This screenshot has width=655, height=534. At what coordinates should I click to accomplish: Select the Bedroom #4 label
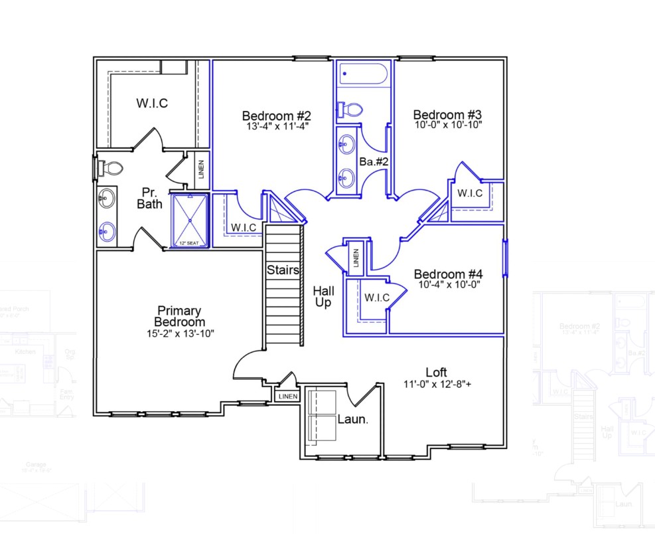448,274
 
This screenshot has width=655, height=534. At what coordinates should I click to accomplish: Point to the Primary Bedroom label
179,316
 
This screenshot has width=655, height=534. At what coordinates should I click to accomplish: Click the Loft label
436,372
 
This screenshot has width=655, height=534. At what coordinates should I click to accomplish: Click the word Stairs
283,270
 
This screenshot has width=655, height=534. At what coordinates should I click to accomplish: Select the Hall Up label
324,296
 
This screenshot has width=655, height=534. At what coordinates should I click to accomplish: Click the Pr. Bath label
149,198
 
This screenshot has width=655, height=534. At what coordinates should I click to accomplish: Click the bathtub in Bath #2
362,74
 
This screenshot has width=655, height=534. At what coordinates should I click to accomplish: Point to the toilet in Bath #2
349,110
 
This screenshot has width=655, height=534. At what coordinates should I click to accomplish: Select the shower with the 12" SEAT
190,220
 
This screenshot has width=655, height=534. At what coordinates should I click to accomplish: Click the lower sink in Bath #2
347,177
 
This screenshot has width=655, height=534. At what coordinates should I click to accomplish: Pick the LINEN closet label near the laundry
288,397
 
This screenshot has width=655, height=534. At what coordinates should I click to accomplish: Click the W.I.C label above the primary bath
152,103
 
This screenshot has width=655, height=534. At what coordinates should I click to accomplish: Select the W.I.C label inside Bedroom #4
375,298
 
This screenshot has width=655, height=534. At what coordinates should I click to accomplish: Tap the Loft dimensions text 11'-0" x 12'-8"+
436,383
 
